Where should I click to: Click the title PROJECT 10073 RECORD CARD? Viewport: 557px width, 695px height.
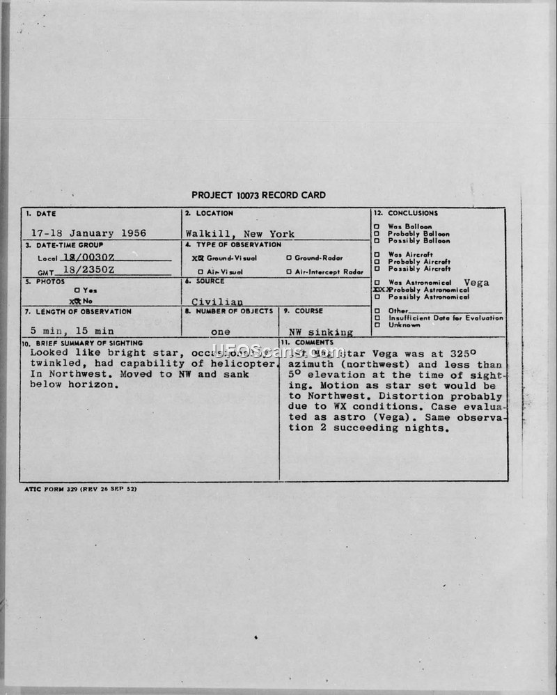[258, 196]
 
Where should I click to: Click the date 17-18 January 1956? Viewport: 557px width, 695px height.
[89, 233]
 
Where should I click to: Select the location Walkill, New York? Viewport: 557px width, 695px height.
[240, 234]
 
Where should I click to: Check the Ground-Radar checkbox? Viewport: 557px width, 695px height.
[288, 258]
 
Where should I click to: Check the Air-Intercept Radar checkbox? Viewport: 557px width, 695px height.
[288, 272]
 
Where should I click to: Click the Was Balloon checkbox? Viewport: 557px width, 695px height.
[377, 227]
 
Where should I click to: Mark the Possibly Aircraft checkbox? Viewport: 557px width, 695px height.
[377, 269]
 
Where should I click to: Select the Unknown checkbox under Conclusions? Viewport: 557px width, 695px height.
[377, 325]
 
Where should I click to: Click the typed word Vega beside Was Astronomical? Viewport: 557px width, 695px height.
[476, 282]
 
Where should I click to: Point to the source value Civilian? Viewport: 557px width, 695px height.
[217, 302]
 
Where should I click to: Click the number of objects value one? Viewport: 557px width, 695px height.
[220, 332]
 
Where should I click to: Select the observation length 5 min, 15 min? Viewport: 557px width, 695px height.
[72, 331]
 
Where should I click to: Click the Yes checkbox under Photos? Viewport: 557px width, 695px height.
[76, 290]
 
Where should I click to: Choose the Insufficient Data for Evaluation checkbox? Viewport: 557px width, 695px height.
[377, 318]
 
